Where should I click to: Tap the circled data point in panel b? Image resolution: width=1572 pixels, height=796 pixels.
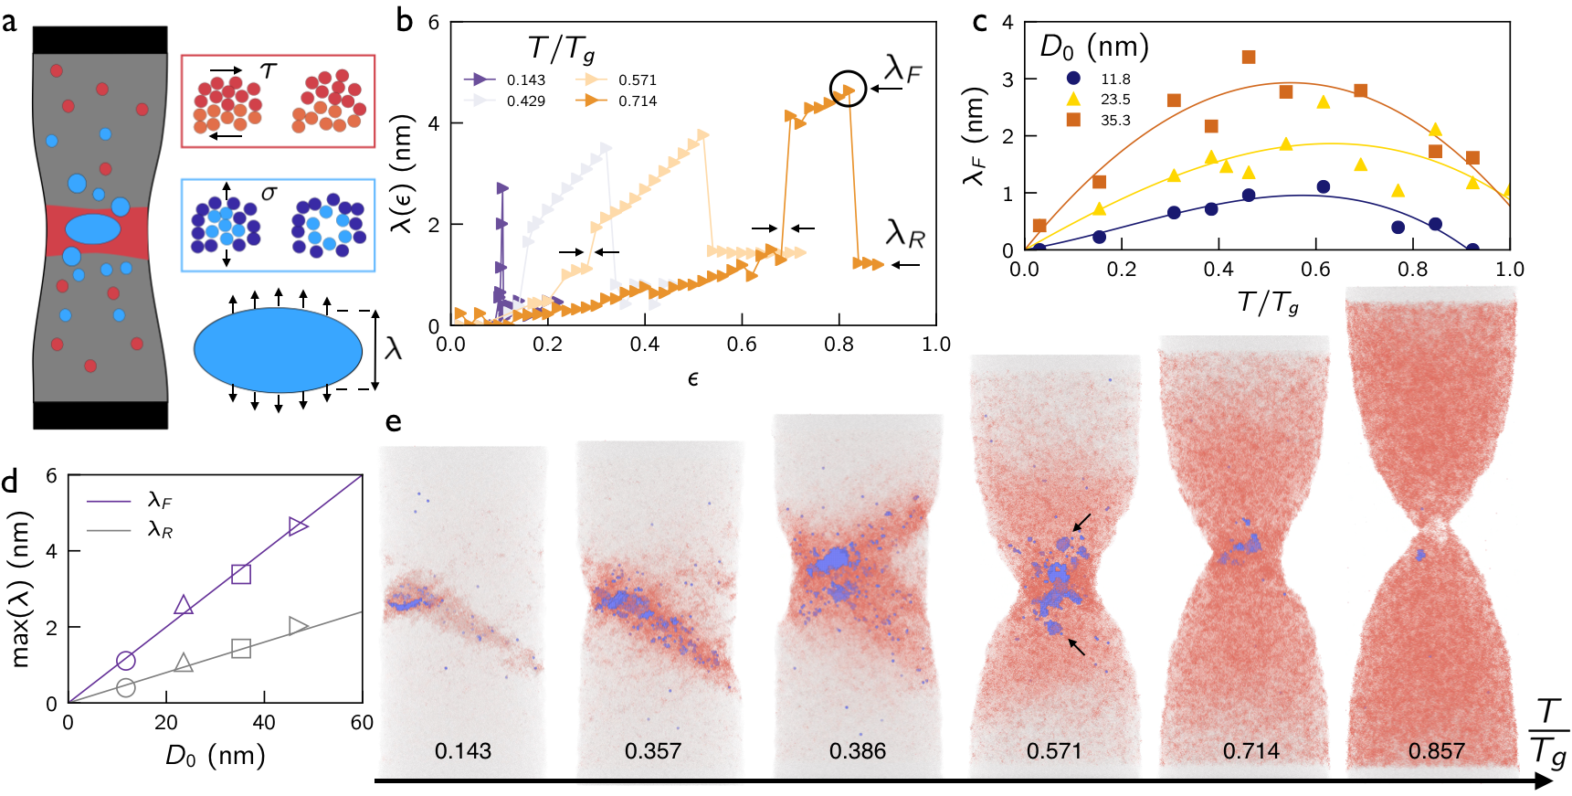848,89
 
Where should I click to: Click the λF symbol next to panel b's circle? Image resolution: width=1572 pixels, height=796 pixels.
902,69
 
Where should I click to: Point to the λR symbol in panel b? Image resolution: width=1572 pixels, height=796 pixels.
904,234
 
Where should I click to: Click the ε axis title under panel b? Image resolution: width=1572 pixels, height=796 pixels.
692,379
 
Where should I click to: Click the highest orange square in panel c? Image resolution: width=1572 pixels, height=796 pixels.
1249,58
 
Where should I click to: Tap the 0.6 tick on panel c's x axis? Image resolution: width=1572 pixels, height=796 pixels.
1315,270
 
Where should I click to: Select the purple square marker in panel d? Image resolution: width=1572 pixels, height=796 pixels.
241,574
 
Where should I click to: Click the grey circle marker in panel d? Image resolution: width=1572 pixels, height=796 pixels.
126,687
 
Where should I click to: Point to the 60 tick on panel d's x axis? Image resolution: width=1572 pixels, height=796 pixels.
362,723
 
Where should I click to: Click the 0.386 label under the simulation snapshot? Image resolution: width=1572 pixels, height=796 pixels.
857,751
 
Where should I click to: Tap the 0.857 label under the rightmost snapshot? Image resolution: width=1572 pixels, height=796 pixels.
1436,751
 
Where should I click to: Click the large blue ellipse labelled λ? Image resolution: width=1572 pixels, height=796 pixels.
278,350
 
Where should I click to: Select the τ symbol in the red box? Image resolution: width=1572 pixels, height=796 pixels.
268,70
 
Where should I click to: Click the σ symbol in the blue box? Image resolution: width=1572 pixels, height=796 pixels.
269,193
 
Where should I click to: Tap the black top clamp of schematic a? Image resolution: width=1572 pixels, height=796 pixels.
100,40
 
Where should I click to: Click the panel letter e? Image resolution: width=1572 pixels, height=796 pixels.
394,421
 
